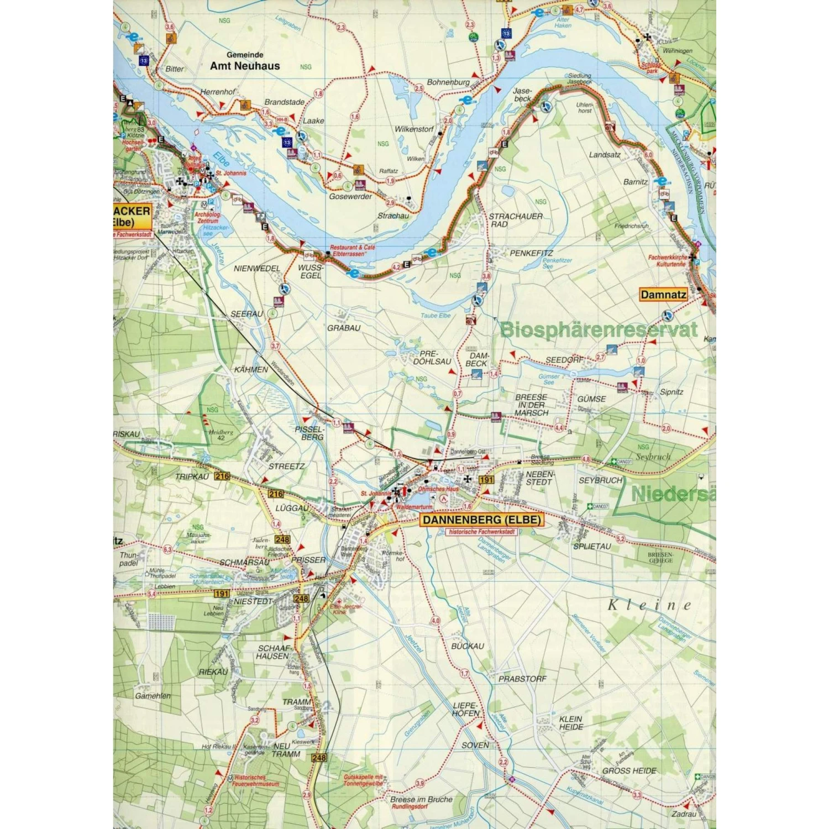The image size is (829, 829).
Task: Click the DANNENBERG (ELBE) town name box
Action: (482, 520)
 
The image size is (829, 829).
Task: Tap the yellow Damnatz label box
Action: (663, 295)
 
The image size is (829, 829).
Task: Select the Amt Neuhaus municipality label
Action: (245, 66)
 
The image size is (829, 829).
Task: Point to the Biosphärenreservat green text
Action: (599, 330)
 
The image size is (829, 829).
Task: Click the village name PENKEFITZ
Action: (531, 253)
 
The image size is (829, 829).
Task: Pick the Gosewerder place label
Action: (350, 196)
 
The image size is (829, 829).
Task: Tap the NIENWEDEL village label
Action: (257, 269)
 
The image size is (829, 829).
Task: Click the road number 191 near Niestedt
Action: (222, 594)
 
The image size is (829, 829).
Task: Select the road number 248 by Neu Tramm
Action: (319, 758)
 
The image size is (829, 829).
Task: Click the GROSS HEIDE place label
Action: (629, 770)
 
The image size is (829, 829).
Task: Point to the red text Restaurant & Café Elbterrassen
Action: (352, 251)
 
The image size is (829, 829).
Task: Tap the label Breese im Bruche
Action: (421, 799)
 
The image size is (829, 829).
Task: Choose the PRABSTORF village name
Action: (522, 679)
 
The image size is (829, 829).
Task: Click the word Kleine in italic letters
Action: (649, 605)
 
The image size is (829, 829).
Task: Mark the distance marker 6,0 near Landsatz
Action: (648, 155)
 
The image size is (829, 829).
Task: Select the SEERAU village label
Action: (246, 314)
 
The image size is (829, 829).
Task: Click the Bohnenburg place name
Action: (448, 82)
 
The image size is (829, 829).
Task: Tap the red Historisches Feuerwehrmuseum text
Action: (256, 780)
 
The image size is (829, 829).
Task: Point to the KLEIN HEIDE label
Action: (571, 723)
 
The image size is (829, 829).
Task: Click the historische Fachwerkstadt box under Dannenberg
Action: (481, 532)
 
